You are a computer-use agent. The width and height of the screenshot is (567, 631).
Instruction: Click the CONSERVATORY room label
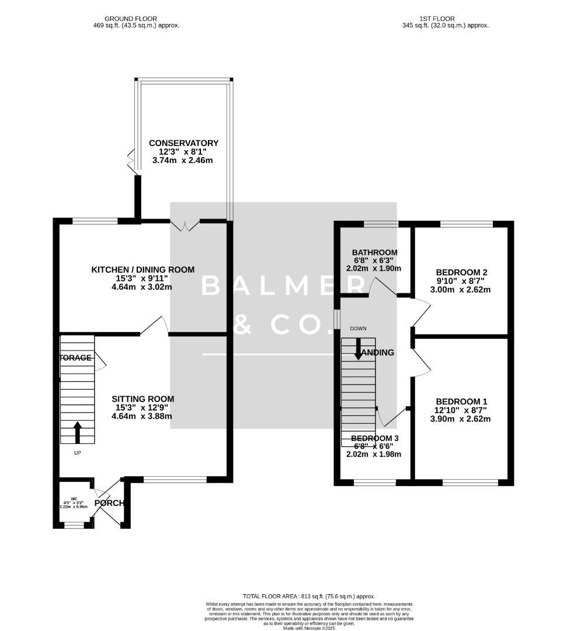coord(183,143)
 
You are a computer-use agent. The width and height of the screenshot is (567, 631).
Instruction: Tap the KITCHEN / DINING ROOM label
coord(142,269)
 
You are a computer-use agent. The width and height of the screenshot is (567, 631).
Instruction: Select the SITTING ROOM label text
coord(142,399)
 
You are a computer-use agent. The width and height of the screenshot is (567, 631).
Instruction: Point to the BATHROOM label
coord(374,252)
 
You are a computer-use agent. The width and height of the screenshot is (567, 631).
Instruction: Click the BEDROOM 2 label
coord(461,272)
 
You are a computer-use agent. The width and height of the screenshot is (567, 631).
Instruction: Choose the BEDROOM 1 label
coord(461,401)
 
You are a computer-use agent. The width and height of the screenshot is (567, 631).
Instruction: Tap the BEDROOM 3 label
coord(374,438)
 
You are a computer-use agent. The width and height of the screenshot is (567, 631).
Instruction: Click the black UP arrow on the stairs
coord(77,432)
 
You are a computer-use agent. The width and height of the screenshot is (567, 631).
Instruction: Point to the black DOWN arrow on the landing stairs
coord(358,347)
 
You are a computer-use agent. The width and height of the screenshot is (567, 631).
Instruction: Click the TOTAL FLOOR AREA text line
coord(309,596)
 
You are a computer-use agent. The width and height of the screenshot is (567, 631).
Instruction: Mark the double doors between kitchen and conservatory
coord(184,225)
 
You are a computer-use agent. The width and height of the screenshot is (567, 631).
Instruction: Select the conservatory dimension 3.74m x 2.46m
coord(183,160)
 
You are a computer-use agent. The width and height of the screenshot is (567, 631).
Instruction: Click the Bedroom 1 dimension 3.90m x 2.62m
coord(461,418)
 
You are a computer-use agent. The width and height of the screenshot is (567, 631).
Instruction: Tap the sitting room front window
coord(175,480)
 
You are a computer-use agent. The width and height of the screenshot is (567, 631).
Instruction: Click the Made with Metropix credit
coord(309,628)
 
